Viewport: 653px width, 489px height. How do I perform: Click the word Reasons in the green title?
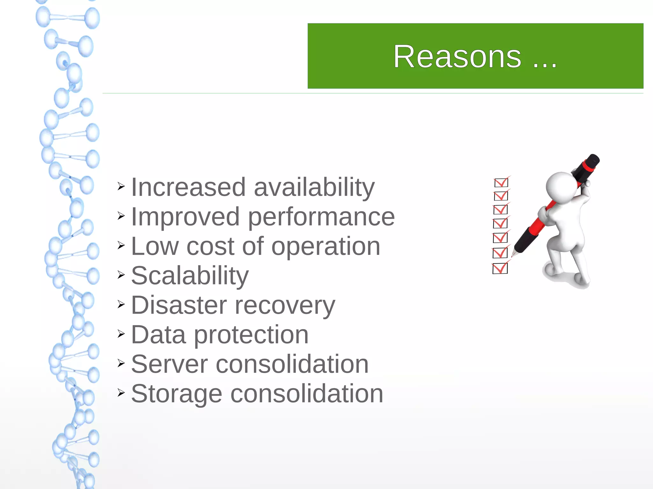coord(457,57)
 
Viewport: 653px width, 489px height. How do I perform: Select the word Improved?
coord(185,217)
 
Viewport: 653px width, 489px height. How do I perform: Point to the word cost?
coord(210,246)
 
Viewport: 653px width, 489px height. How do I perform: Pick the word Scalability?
coord(190,276)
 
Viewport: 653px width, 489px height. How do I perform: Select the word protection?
coord(251,335)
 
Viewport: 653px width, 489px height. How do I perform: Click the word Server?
coord(169,364)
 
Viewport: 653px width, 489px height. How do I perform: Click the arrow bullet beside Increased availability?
coord(121,186)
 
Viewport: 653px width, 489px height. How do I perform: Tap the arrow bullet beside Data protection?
coord(121,334)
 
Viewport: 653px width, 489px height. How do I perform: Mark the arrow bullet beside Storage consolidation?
coord(121,392)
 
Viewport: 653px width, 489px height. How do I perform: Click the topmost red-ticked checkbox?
coord(501,183)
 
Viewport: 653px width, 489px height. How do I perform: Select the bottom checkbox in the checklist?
coord(500,268)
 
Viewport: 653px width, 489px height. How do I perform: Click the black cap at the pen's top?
coord(592,161)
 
